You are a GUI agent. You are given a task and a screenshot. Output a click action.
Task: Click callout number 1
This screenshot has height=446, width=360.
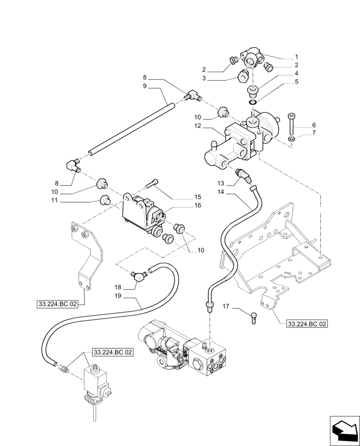(x=296, y=57)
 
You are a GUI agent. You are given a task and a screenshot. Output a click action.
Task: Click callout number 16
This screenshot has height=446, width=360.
(x=197, y=206)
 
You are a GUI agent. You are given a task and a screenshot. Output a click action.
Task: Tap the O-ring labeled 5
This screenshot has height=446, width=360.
(x=253, y=102)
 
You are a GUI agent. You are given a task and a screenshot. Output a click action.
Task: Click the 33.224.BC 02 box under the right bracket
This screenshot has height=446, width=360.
(x=307, y=324)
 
